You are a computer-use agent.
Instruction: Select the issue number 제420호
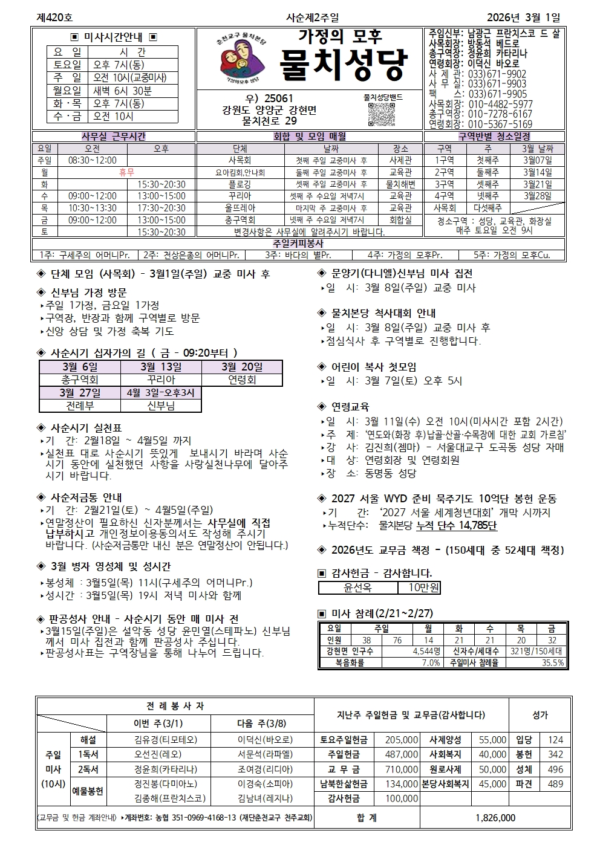pyautogui.click(x=54, y=18)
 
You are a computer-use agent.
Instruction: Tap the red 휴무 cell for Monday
pyautogui.click(x=127, y=172)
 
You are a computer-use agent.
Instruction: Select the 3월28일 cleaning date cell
pyautogui.click(x=537, y=196)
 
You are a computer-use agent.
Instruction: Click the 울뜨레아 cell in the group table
pyautogui.click(x=240, y=208)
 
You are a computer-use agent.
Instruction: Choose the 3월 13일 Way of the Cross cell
pyautogui.click(x=161, y=367)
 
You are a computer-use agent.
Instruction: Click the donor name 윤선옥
pyautogui.click(x=358, y=587)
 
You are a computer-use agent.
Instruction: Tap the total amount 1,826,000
pyautogui.click(x=495, y=818)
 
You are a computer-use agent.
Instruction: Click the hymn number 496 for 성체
pyautogui.click(x=555, y=769)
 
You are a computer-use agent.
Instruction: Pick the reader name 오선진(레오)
pyautogui.click(x=157, y=754)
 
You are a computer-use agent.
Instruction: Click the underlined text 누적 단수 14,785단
pyautogui.click(x=457, y=526)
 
